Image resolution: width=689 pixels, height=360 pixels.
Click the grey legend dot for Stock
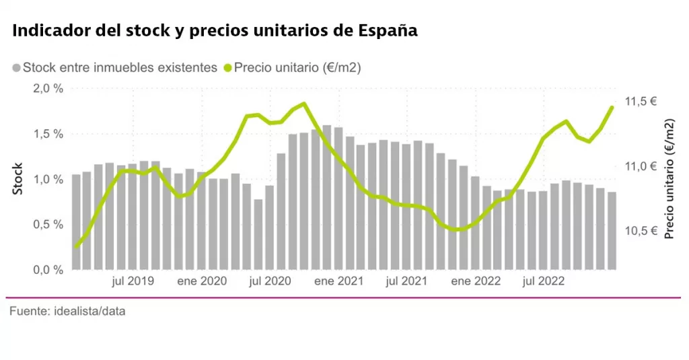coord(16,68)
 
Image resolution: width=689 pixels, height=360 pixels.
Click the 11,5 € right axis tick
coord(641,102)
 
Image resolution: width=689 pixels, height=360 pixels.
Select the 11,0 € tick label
coord(641,166)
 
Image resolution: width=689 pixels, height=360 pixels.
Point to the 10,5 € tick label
coord(641,231)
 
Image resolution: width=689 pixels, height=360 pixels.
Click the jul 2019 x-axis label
coord(132,281)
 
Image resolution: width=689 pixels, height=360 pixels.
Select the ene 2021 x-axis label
coord(338,281)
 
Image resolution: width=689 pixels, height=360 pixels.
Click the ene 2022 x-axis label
coord(476,281)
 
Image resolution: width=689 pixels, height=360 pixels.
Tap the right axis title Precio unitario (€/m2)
coord(669,179)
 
